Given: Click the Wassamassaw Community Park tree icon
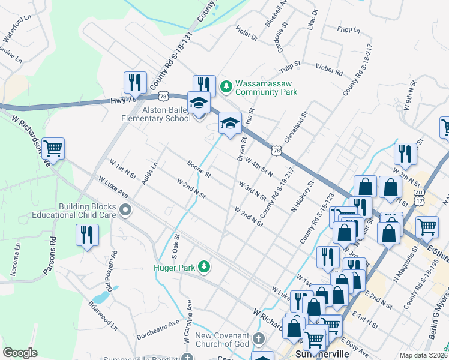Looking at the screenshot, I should pyautogui.click(x=226, y=87).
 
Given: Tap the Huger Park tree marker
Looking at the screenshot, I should pyautogui.click(x=204, y=266).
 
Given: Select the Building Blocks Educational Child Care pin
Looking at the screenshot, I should pyautogui.click(x=125, y=209).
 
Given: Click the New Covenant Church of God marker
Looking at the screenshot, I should pyautogui.click(x=259, y=339).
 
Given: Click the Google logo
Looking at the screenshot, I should pyautogui.click(x=20, y=353).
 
